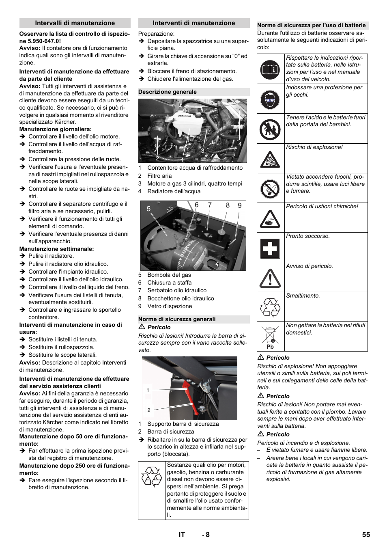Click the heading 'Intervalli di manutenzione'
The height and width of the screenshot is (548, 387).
click(x=75, y=23)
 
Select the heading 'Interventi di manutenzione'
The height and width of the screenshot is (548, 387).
click(x=193, y=23)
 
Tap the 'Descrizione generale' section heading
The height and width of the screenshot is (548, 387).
click(x=168, y=92)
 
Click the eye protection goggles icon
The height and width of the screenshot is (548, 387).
click(x=270, y=99)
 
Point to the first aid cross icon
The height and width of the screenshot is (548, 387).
click(x=270, y=248)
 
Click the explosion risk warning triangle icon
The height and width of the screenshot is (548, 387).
click(x=270, y=159)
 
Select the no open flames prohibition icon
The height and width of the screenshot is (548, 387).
click(x=270, y=189)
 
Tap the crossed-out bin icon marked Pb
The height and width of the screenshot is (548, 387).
click(x=270, y=337)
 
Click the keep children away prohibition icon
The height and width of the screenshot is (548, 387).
click(x=270, y=129)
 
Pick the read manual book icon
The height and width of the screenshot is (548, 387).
click(x=270, y=69)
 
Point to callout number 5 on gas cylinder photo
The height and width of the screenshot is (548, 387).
click(x=148, y=209)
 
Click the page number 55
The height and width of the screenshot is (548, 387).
click(x=366, y=535)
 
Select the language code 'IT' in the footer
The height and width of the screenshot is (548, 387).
click(x=181, y=535)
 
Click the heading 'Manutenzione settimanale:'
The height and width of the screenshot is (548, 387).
click(x=56, y=249)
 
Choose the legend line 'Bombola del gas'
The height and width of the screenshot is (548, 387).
click(x=169, y=275)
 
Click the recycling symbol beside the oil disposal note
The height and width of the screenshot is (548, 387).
click(x=152, y=477)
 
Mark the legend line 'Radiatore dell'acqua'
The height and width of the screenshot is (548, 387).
click(x=174, y=191)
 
